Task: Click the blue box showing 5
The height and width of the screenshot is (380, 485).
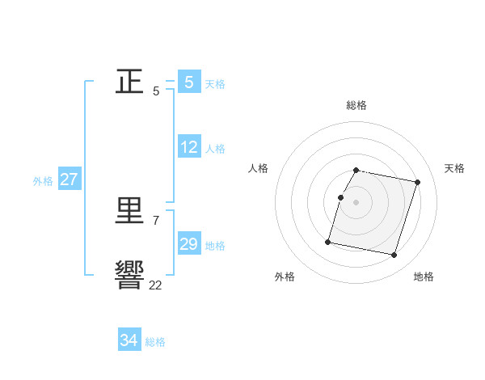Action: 189,82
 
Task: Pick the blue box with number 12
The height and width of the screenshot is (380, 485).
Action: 189,148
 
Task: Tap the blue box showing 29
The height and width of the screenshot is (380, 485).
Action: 189,244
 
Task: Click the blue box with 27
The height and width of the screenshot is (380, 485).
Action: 70,179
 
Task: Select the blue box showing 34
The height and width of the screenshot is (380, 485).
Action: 129,340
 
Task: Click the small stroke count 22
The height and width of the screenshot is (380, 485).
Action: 155,285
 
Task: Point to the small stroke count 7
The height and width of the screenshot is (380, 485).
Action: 155,220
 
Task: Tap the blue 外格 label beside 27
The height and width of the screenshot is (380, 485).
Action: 43,181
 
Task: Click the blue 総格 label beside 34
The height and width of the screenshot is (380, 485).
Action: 155,342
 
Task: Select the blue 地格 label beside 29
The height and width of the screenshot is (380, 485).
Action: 215,246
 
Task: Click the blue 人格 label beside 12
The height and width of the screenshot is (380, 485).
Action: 215,150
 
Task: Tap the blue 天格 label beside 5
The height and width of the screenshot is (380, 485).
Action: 215,84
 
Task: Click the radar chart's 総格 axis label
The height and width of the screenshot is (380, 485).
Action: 356,105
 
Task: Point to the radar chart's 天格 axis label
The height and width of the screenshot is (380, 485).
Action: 454,168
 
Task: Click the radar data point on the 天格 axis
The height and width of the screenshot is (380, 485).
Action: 417,183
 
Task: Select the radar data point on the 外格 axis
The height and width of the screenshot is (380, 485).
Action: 328,242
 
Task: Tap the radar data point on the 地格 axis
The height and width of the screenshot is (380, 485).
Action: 394,255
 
